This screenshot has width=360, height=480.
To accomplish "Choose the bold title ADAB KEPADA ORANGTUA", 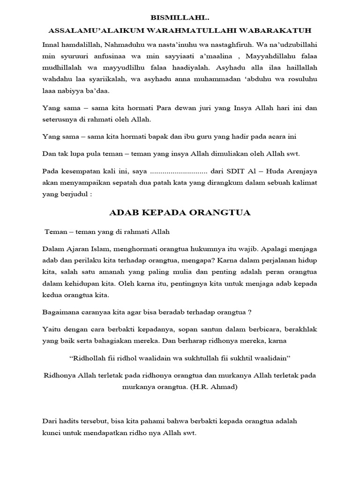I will click(x=180, y=213).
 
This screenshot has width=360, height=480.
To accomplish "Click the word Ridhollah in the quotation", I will click(x=89, y=359).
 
